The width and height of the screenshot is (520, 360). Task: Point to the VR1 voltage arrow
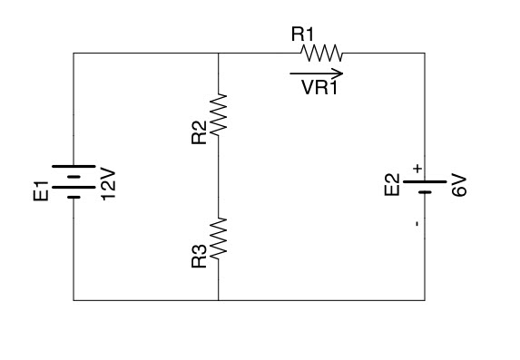tap(317, 73)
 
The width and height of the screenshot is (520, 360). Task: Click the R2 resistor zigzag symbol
tap(219, 115)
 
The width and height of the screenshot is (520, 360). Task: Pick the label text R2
tap(200, 130)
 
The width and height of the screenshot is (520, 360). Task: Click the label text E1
tap(39, 192)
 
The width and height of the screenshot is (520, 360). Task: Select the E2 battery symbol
tap(424, 187)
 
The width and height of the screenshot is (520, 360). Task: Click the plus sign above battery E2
tap(417, 168)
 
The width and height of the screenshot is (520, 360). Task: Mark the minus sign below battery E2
tap(417, 222)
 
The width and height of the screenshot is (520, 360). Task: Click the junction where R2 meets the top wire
tap(219, 54)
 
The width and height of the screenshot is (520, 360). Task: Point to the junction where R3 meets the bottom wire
tap(219, 299)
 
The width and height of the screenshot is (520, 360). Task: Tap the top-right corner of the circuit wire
tap(424, 54)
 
